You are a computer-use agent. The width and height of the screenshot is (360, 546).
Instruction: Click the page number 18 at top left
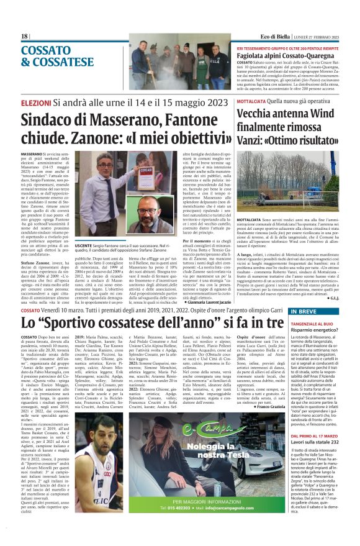24,37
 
